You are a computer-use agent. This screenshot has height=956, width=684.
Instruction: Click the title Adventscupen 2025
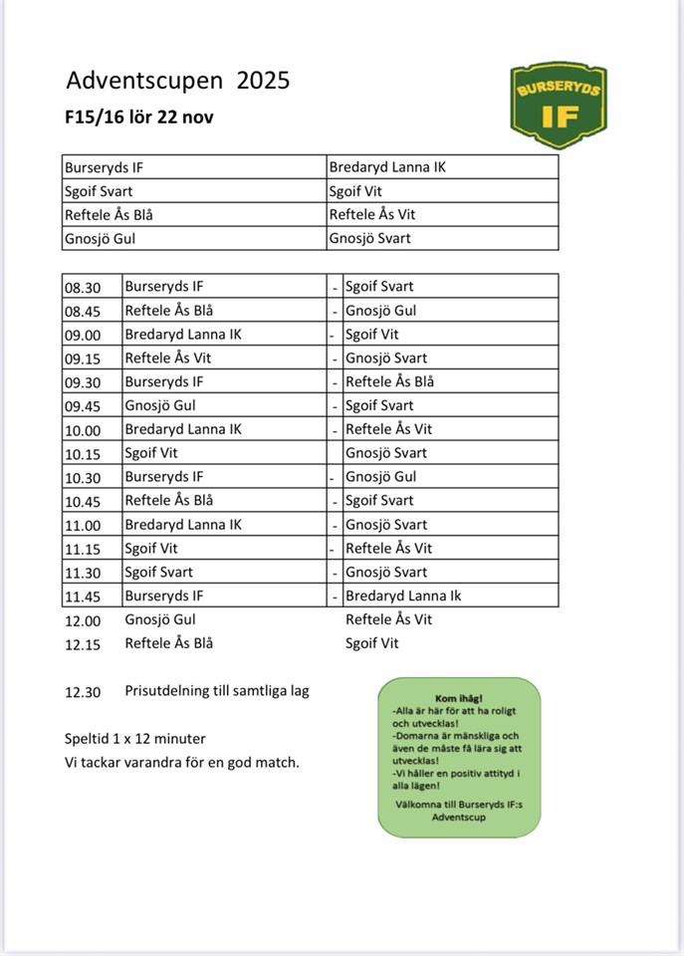click(178, 81)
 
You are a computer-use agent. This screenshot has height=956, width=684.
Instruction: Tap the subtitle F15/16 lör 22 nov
click(139, 117)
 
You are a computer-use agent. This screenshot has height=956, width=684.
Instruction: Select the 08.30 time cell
click(86, 287)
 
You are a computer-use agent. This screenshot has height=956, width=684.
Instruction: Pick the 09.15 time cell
click(86, 358)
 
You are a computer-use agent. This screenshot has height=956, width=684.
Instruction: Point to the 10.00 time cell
click(86, 429)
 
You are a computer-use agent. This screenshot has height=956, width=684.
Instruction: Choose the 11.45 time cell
click(86, 596)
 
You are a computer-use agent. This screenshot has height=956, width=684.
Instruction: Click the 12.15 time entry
click(86, 643)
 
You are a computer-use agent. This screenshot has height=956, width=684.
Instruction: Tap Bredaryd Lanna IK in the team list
click(387, 167)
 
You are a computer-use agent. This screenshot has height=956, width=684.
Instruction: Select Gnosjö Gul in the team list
click(100, 238)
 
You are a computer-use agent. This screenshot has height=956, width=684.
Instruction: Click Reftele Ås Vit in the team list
click(372, 214)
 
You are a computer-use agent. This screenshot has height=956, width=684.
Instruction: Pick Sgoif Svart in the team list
click(99, 191)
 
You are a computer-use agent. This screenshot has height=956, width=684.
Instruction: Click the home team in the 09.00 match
click(183, 335)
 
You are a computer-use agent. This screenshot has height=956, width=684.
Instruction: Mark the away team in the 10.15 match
click(386, 453)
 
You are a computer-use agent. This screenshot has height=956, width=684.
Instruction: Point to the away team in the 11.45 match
click(403, 596)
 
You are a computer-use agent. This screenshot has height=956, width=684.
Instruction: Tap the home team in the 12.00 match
click(160, 619)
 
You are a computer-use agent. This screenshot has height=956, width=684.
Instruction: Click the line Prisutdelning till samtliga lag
click(217, 691)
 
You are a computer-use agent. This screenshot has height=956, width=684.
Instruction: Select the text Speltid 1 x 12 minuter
click(135, 739)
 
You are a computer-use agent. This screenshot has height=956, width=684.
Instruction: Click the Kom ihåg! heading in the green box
click(459, 698)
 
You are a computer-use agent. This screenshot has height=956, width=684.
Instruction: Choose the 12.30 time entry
click(86, 691)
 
